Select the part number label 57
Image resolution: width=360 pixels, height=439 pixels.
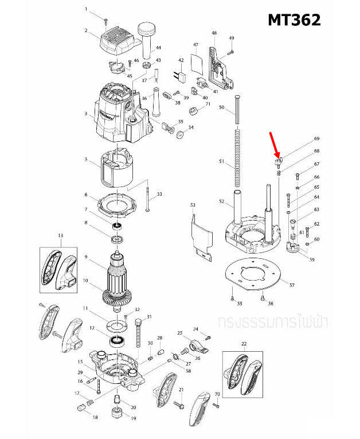[292, 285]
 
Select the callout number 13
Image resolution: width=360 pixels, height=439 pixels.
[60, 235]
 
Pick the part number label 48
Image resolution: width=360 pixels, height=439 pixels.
[214, 33]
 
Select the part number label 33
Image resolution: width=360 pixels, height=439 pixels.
[159, 195]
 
